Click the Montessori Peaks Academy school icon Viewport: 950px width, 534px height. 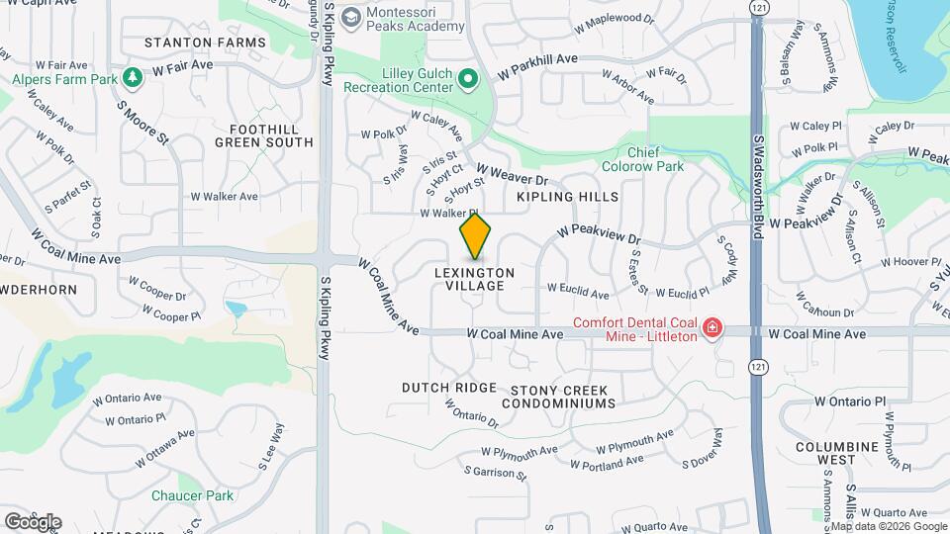click(x=349, y=17)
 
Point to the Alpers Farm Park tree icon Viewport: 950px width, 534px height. click(x=133, y=77)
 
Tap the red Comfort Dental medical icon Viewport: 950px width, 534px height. click(x=711, y=328)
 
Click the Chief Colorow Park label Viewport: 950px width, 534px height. click(x=656, y=159)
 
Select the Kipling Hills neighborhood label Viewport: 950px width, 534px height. click(x=568, y=197)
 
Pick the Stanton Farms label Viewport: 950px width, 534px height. click(x=205, y=43)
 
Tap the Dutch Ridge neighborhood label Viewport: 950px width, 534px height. click(x=448, y=388)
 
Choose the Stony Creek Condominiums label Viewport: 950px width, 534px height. click(x=558, y=396)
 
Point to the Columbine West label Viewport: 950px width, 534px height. click(x=837, y=453)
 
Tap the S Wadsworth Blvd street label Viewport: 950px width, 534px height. click(x=758, y=178)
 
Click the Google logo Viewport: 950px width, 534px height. click(x=33, y=521)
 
